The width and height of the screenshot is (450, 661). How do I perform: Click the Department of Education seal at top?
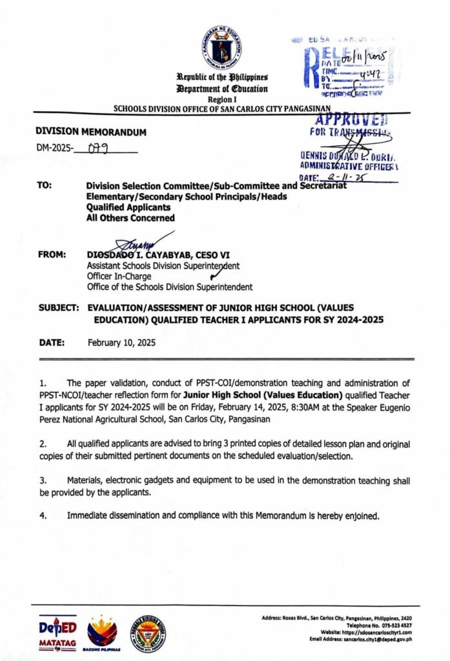tap(221, 47)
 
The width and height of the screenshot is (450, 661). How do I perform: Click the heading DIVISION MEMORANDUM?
tap(91, 132)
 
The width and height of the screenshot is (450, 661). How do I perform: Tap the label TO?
tap(45, 186)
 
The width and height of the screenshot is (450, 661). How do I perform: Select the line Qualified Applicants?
tap(128, 207)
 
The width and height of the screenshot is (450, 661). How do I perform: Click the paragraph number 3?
tap(41, 481)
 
